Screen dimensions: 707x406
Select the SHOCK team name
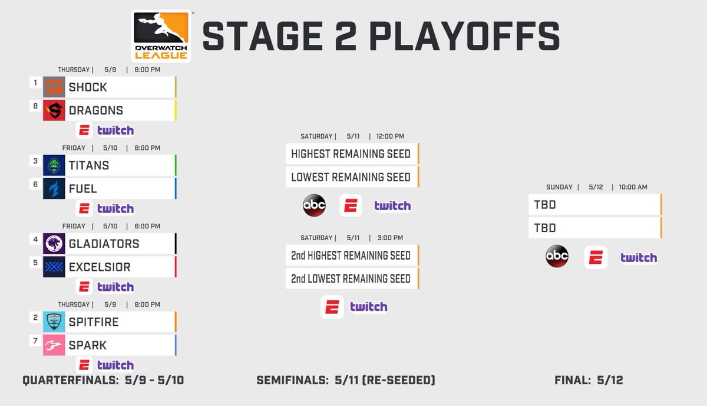[x=88, y=87]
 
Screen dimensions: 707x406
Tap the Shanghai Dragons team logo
[x=54, y=110]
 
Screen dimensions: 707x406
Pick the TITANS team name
[x=89, y=166]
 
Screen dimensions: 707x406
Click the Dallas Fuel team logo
[x=54, y=189]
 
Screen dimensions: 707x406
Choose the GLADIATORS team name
[x=104, y=244]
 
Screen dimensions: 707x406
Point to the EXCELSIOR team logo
[x=54, y=267]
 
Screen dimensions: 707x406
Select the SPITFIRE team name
[x=94, y=322]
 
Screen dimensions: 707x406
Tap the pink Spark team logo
[x=54, y=345]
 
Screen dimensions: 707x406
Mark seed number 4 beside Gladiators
[x=35, y=239]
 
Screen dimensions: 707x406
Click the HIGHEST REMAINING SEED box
[x=351, y=154]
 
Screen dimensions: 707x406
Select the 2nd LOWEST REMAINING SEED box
[x=351, y=279]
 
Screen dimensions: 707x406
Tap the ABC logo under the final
[x=557, y=257]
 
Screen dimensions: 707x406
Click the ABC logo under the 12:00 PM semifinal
[x=314, y=205]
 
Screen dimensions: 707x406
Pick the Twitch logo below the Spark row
[x=115, y=365]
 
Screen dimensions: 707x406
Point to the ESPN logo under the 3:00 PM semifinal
[x=332, y=307]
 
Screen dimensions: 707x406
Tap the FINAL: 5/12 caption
[x=589, y=381]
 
